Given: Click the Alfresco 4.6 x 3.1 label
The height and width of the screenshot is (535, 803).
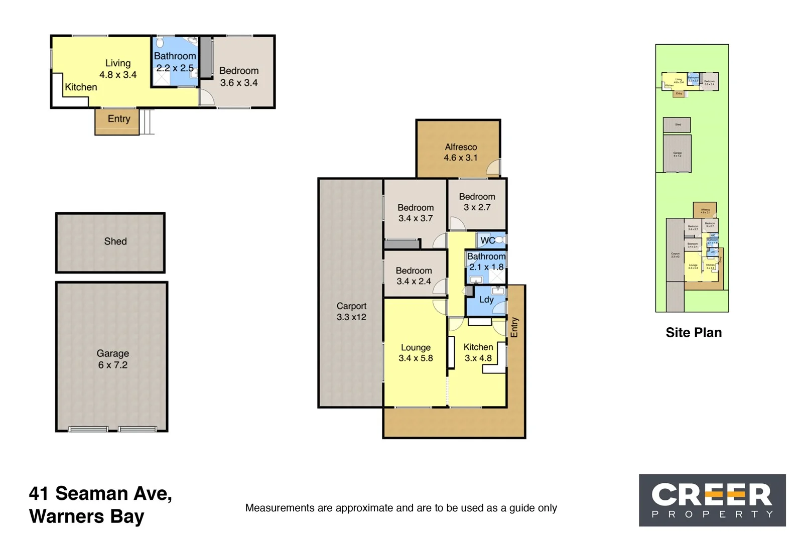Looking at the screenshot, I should (460, 152).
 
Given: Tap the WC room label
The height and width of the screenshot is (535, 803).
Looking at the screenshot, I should (487, 240).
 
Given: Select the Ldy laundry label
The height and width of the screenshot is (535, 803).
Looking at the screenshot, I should (486, 300).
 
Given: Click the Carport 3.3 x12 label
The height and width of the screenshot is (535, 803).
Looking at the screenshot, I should (351, 311).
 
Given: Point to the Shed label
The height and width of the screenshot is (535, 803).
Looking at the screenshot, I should (115, 241).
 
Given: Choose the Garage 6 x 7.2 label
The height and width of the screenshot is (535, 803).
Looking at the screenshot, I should (112, 359).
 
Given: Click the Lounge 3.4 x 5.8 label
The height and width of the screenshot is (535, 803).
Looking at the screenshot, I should (416, 352).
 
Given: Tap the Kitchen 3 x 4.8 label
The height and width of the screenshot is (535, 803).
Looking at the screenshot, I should (478, 352).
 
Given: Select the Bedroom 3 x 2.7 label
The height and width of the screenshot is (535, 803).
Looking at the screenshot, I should (477, 202).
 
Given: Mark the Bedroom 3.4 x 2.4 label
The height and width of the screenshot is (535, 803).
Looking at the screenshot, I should (414, 276).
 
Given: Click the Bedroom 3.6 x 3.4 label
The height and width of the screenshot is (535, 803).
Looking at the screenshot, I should (239, 76).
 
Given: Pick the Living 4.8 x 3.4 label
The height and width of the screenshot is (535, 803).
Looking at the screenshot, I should (118, 69).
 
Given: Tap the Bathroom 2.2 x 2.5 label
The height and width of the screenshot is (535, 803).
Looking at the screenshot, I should (175, 62).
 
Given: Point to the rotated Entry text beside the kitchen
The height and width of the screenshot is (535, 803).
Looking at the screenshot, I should (514, 327).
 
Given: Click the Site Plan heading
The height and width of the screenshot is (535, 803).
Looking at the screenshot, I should (693, 332).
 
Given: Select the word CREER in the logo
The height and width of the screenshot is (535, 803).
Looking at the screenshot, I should (711, 495).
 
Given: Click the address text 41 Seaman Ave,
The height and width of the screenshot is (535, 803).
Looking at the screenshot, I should (100, 493).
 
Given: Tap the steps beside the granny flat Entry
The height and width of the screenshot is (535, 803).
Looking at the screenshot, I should (145, 121).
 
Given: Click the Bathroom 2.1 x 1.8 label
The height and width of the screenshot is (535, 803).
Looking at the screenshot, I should (486, 261).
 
